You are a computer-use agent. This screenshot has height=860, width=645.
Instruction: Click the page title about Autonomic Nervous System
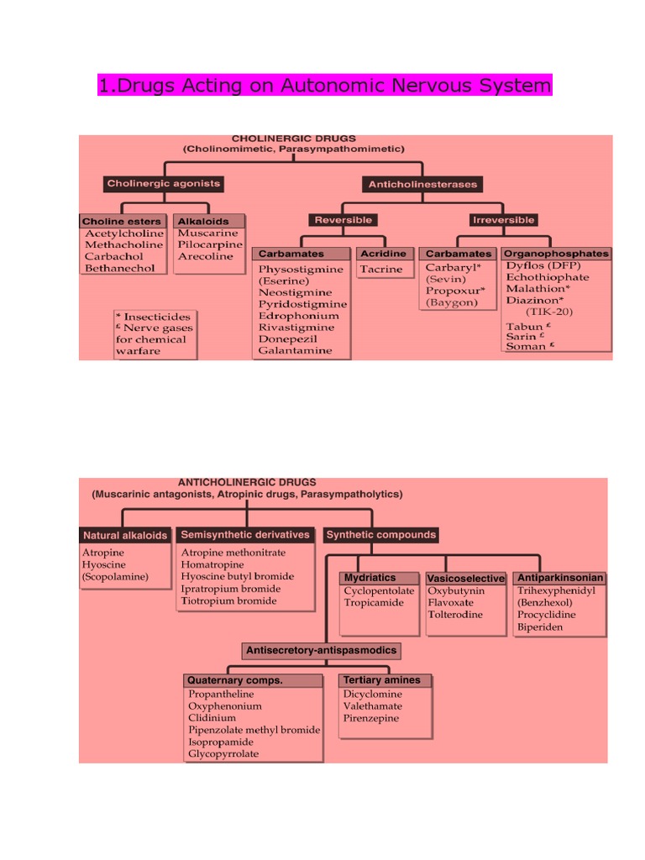click(325, 85)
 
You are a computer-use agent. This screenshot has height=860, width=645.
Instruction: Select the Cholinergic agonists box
click(163, 183)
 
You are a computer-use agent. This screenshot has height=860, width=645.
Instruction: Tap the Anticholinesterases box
click(422, 184)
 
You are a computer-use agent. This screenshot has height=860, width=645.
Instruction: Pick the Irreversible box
click(503, 220)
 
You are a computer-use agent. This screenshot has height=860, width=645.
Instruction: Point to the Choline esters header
click(122, 222)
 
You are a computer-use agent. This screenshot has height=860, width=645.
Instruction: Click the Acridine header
click(382, 254)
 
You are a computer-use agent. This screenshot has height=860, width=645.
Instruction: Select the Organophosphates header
click(556, 253)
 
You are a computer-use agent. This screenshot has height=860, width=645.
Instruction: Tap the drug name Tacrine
click(381, 270)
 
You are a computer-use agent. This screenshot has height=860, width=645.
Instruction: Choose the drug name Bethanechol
click(119, 268)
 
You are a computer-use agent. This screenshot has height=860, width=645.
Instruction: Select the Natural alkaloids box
click(125, 535)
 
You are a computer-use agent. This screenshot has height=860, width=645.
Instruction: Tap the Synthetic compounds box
click(380, 534)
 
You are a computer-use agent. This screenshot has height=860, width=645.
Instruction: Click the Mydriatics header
click(369, 578)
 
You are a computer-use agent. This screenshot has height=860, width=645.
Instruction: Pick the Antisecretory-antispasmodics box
click(321, 650)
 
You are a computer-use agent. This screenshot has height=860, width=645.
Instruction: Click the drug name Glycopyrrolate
click(223, 753)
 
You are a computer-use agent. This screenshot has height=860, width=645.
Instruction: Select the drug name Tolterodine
click(455, 614)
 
